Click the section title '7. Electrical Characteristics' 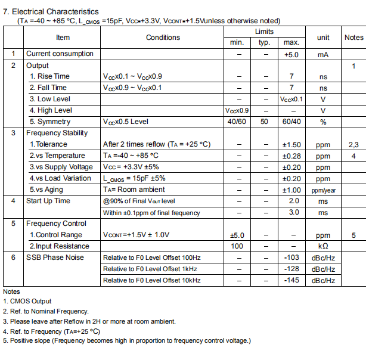(51, 11)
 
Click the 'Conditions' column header (163, 37)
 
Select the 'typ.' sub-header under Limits (264, 42)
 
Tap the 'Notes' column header (353, 37)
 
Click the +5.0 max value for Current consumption (291, 54)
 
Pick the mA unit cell (322, 54)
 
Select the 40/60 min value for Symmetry (237, 122)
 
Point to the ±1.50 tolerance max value (291, 144)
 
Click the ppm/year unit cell (322, 190)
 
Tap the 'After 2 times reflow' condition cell (157, 144)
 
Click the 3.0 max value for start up (291, 212)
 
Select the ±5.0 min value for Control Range (237, 235)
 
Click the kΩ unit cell (322, 246)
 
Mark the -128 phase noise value (291, 269)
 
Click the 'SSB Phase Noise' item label (55, 257)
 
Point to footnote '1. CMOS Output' (27, 302)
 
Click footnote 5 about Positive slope (127, 340)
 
